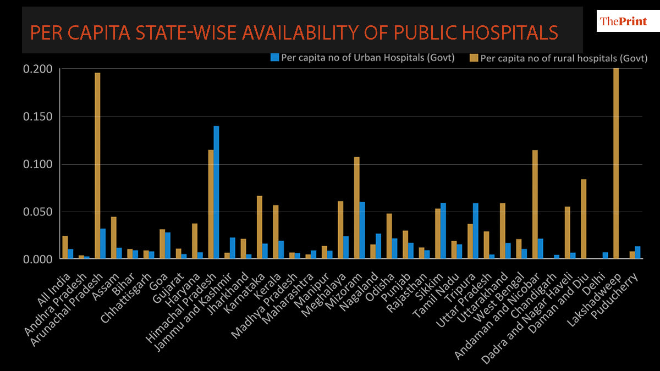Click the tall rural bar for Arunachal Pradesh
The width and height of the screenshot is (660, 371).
pyautogui.click(x=97, y=165)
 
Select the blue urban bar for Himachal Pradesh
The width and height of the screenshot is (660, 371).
pyautogui.click(x=216, y=192)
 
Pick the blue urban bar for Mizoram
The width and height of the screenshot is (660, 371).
pyautogui.click(x=362, y=230)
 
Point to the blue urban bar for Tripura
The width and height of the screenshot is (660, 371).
pyautogui.click(x=475, y=231)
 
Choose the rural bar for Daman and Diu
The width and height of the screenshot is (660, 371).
pyautogui.click(x=584, y=219)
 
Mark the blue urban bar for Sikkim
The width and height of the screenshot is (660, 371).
pyautogui.click(x=443, y=231)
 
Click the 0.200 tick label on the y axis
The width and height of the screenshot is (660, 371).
pyautogui.click(x=38, y=69)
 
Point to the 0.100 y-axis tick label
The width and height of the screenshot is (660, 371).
pyautogui.click(x=38, y=164)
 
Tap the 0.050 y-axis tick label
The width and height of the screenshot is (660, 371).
pyautogui.click(x=38, y=212)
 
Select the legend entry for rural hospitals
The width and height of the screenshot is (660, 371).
pyautogui.click(x=559, y=58)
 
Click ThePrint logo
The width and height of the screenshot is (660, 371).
pyautogui.click(x=622, y=21)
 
